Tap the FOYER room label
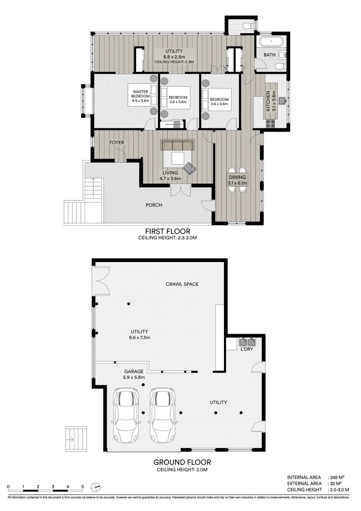tap(117, 142)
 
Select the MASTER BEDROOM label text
tap(140, 96)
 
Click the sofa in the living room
tap(178, 145)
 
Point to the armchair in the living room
tap(190, 168)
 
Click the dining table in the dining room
tap(236, 180)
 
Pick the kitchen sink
tap(283, 100)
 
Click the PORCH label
tap(154, 205)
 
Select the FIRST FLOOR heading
tap(164, 231)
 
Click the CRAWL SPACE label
tap(182, 284)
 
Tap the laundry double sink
tap(247, 342)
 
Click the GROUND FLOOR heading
tap(181, 462)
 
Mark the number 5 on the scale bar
tap(83, 486)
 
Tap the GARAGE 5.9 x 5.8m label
tap(134, 375)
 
